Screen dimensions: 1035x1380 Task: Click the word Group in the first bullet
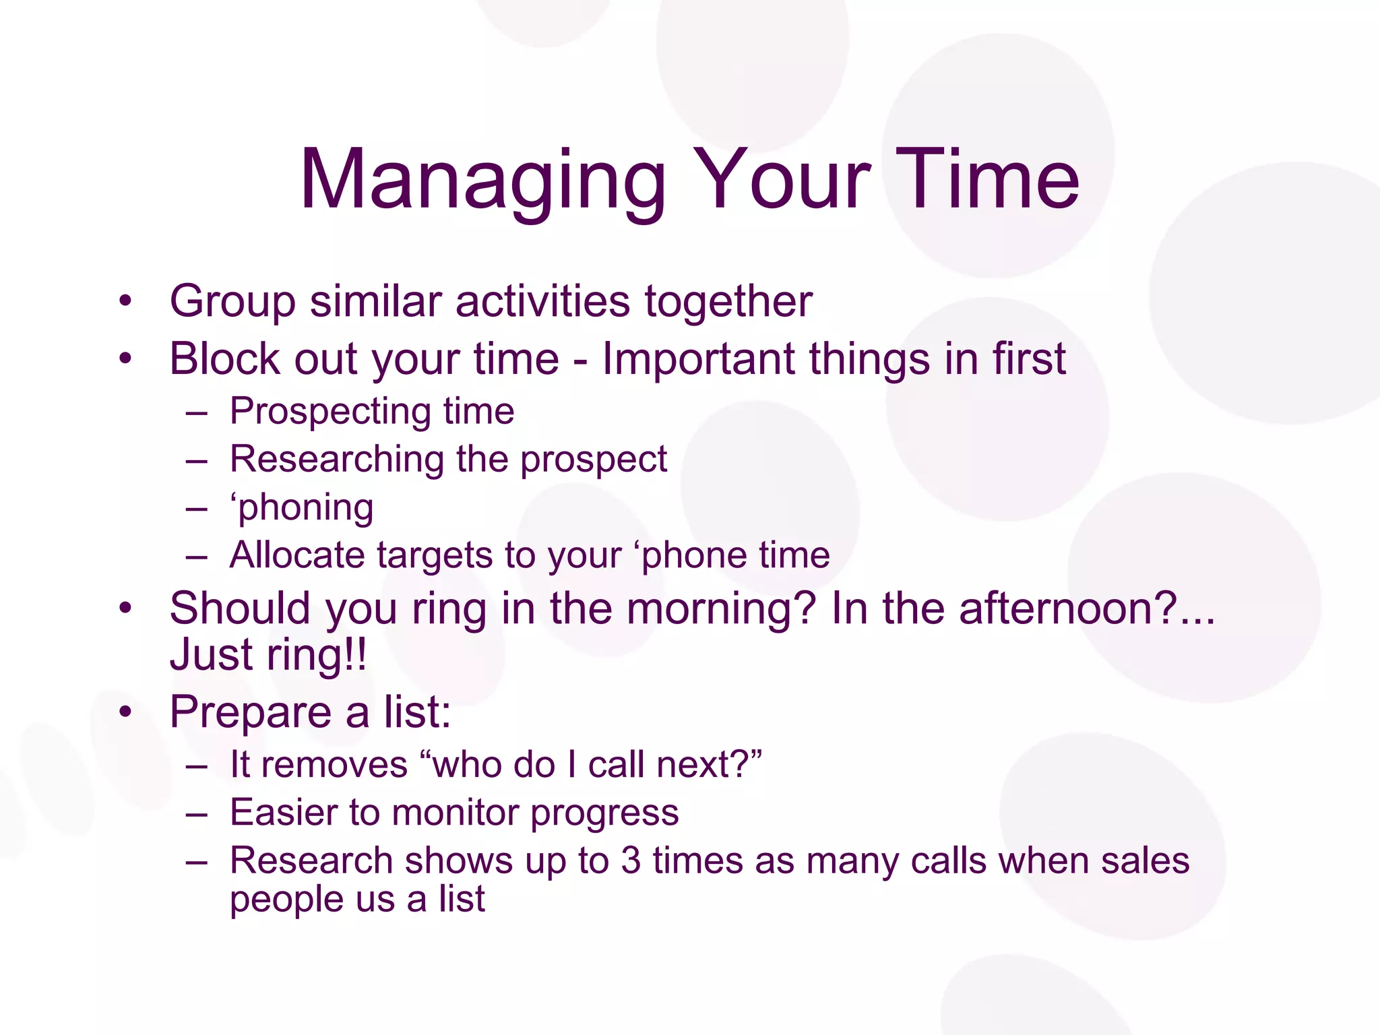(232, 301)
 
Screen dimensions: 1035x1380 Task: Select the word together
(728, 301)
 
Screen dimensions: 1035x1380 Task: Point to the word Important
(697, 358)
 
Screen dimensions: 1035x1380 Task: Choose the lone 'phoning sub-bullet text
(302, 508)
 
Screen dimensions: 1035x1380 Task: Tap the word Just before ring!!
(212, 655)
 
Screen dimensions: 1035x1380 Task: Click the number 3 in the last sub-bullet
(631, 861)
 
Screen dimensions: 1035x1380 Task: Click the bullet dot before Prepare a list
(125, 712)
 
